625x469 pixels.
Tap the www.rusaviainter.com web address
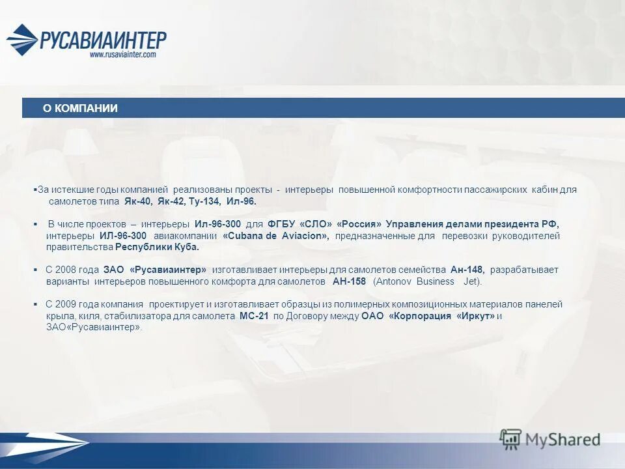(122, 55)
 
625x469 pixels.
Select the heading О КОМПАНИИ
(80, 108)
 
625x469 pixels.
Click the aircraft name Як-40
(138, 201)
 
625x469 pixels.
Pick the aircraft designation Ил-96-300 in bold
(217, 224)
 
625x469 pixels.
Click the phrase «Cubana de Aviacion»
(276, 236)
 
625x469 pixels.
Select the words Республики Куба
(157, 248)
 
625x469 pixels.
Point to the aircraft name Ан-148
(467, 270)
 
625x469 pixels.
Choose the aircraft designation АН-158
(349, 281)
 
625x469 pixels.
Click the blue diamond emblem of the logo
(22, 40)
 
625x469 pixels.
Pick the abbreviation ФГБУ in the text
(280, 224)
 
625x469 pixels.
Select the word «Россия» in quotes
(359, 224)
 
